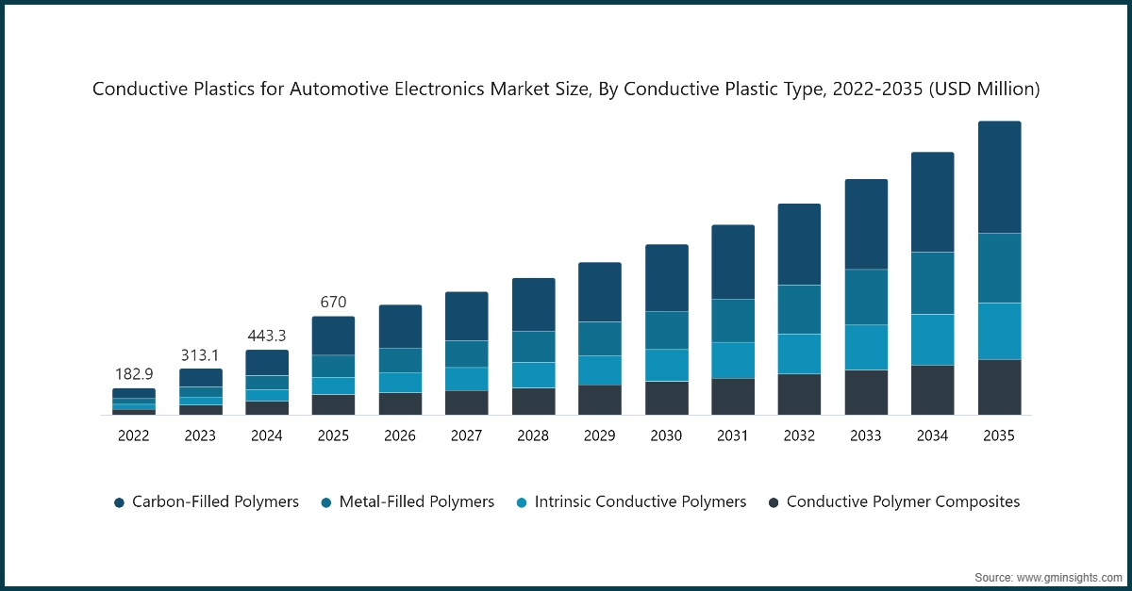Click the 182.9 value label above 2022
click(x=134, y=374)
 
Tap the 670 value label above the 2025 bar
click(x=333, y=303)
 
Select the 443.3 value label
click(x=267, y=336)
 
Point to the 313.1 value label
click(x=200, y=354)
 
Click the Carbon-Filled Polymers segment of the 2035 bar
click(x=999, y=177)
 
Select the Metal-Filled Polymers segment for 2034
click(x=932, y=283)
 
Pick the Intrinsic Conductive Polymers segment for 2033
click(x=866, y=347)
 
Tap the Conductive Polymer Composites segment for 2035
click(x=999, y=386)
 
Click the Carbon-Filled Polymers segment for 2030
click(x=666, y=278)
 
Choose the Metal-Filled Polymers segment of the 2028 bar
click(x=533, y=347)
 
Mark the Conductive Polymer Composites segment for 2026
click(x=400, y=403)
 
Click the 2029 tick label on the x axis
click(x=600, y=435)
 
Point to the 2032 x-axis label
click(x=799, y=435)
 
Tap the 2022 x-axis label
click(x=134, y=435)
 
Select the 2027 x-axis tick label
click(x=467, y=435)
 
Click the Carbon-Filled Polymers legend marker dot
click(x=119, y=502)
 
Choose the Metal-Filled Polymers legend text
click(x=416, y=501)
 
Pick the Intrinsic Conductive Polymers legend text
click(x=641, y=501)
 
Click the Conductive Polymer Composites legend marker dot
click(x=774, y=502)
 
